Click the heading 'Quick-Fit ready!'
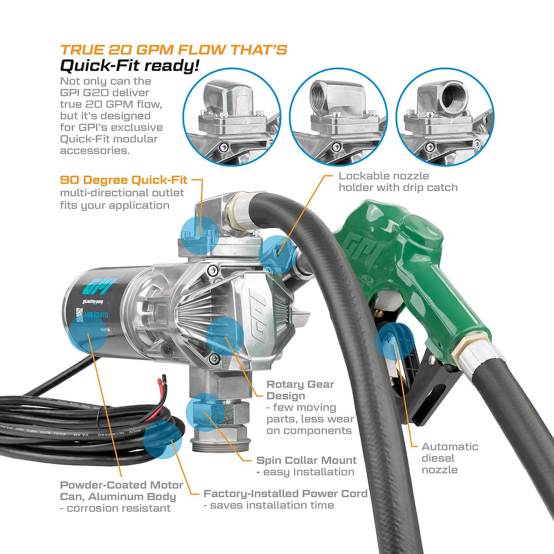point(129,66)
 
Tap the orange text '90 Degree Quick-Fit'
point(124,180)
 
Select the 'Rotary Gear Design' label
point(300,390)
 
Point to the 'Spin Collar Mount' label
point(306,460)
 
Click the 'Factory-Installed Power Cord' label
point(285,493)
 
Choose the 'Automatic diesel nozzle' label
point(450,458)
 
